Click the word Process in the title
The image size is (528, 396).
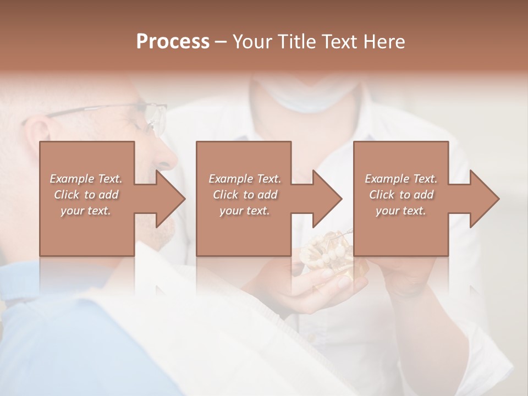pos(173,42)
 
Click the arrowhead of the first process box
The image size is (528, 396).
pos(169,199)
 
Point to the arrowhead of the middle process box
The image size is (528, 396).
pos(326,199)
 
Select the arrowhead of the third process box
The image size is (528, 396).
pos(483,199)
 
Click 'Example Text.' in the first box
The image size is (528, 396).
pos(86,179)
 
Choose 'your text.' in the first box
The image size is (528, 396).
pos(86,211)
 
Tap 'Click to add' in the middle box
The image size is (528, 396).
pos(245,195)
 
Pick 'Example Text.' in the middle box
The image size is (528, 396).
pos(245,179)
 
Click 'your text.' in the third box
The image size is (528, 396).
pos(401,211)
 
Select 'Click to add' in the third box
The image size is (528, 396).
pos(401,195)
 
